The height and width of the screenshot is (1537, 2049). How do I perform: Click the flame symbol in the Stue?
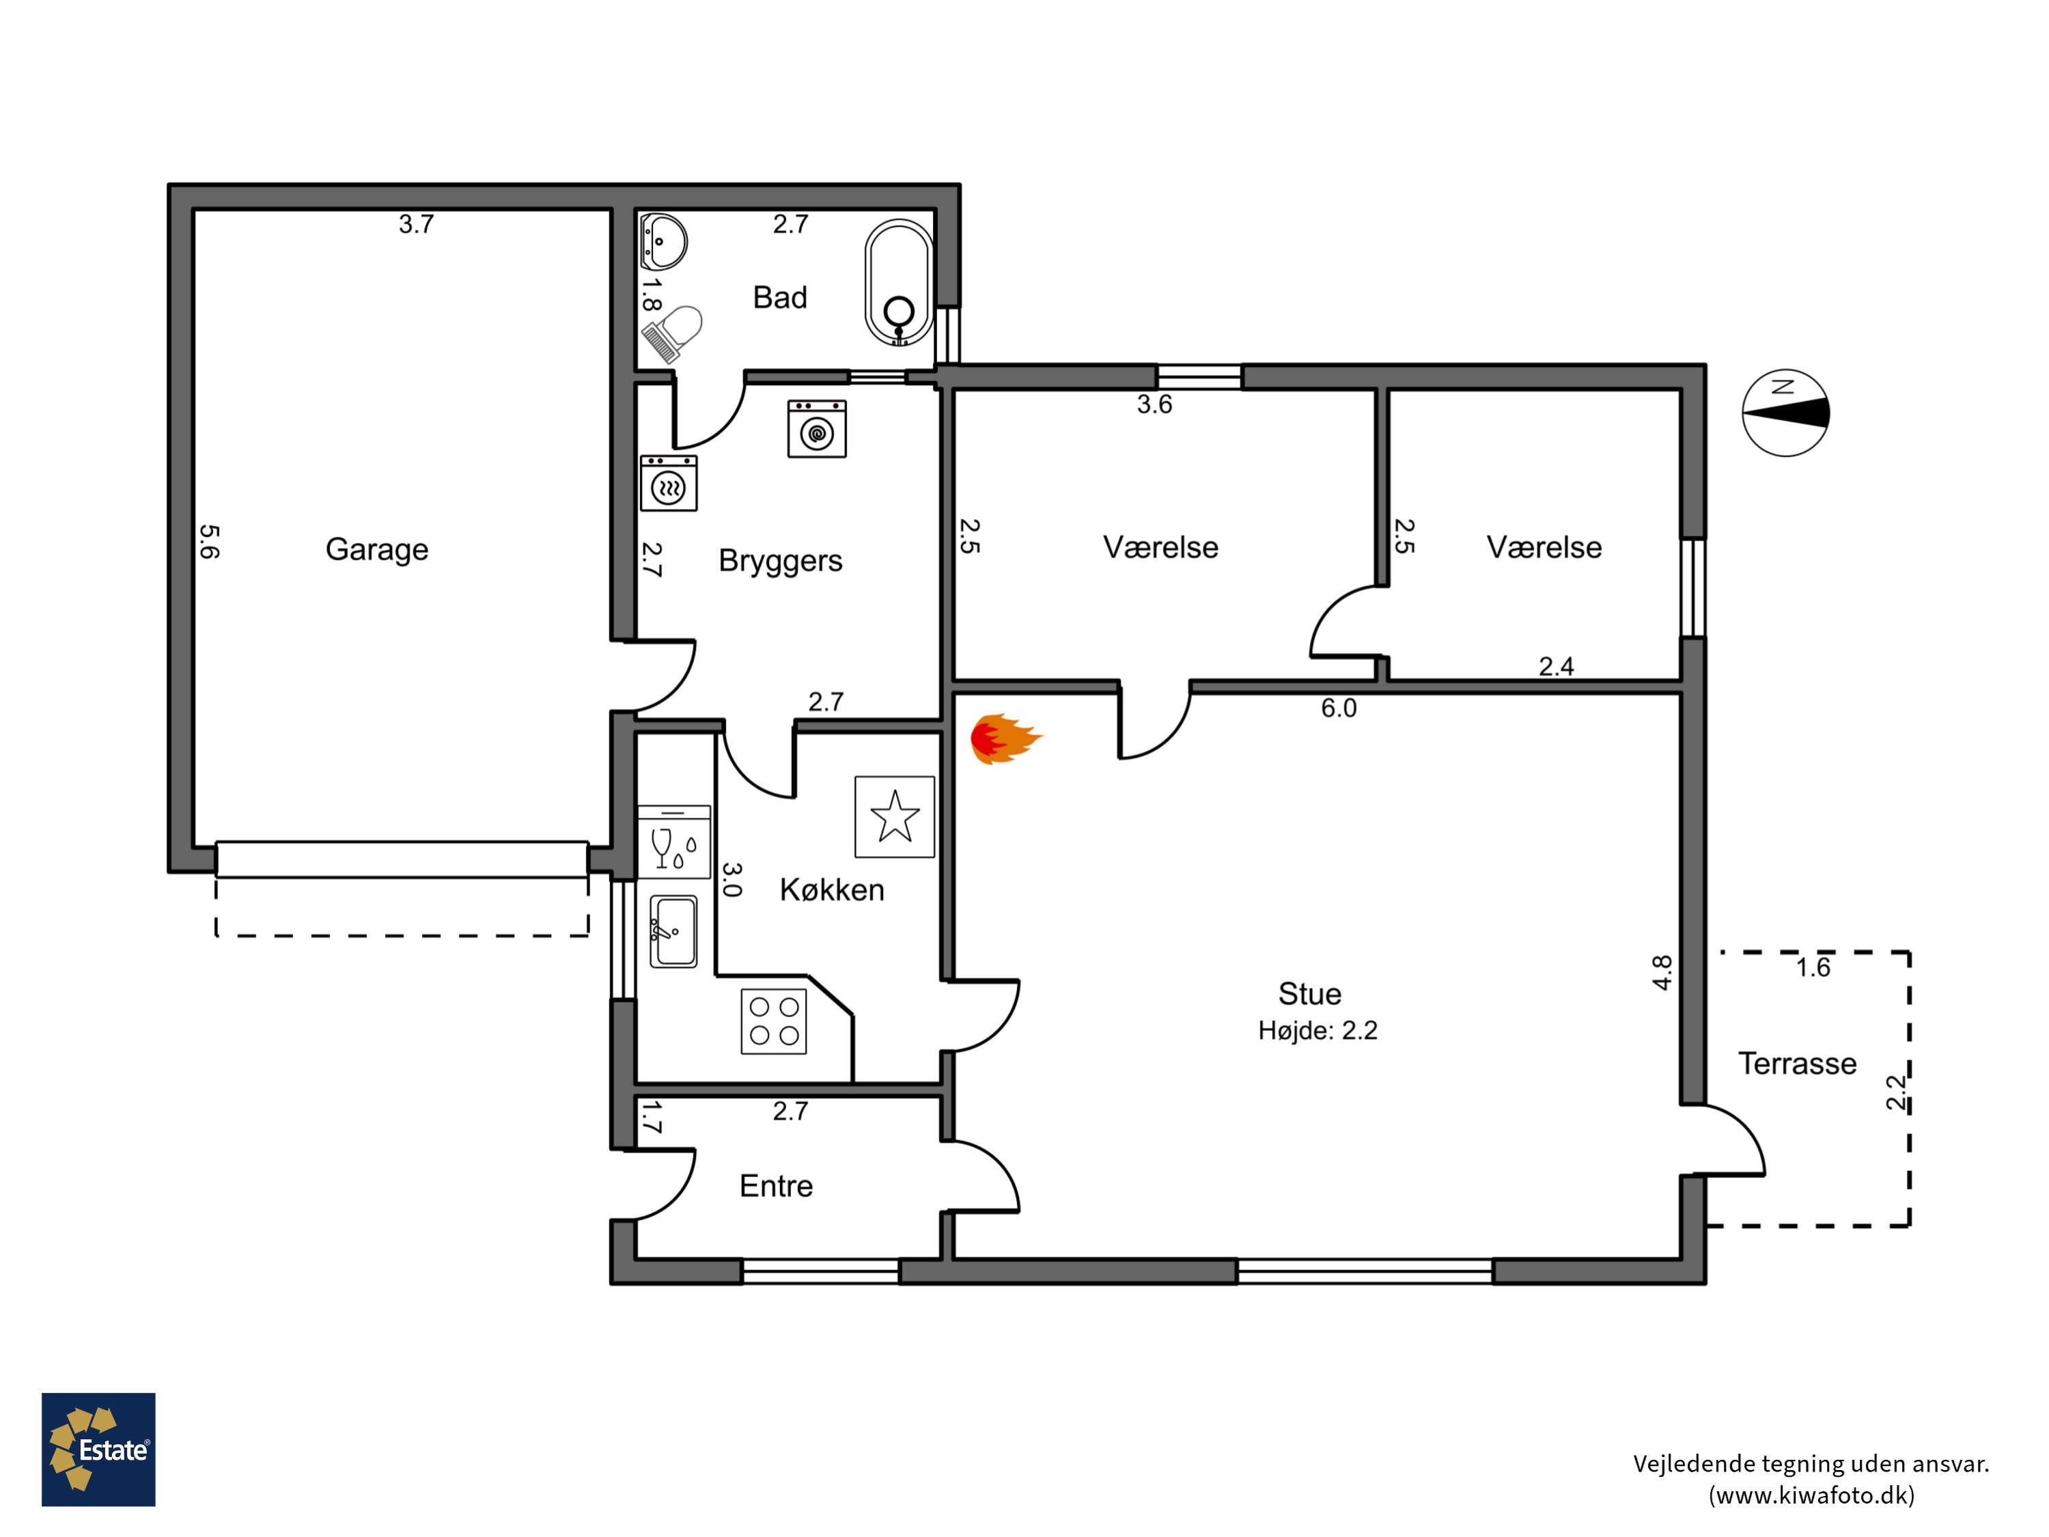click(x=1006, y=738)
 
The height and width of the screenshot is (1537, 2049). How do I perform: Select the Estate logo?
click(x=98, y=1450)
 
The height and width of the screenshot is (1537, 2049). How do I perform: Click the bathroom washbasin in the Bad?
click(x=663, y=242)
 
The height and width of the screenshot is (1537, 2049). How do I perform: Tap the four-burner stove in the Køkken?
click(x=773, y=1022)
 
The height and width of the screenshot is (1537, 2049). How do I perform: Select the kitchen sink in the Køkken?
click(x=673, y=931)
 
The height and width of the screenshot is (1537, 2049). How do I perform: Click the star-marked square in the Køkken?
click(x=894, y=816)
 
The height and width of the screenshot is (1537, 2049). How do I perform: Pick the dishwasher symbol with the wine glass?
click(x=674, y=841)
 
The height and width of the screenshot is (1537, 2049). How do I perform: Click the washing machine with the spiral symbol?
click(x=817, y=428)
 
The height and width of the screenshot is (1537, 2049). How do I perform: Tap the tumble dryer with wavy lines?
click(x=669, y=483)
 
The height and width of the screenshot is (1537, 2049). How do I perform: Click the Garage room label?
click(x=377, y=549)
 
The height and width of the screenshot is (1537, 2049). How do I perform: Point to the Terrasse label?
click(x=1797, y=1063)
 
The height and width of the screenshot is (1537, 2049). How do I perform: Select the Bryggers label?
click(x=780, y=562)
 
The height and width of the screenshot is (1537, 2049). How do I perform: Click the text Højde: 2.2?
click(x=1318, y=1030)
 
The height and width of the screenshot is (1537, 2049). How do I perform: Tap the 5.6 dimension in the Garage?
click(x=210, y=542)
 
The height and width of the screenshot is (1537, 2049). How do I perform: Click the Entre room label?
click(x=777, y=1186)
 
